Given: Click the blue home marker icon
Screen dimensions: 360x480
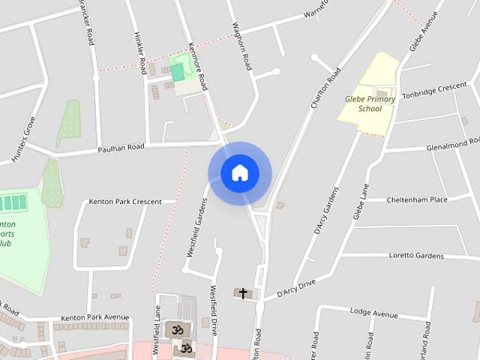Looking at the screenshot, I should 239,173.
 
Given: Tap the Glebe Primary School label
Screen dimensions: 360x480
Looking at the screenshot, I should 364,103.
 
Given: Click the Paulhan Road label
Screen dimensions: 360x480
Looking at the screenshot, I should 120,148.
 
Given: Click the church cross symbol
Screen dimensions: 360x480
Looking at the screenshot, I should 242,293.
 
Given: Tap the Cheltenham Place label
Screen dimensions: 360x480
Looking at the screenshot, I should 416,200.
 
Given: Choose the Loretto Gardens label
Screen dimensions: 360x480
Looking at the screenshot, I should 416,256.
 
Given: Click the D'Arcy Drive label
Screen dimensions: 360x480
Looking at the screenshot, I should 296,287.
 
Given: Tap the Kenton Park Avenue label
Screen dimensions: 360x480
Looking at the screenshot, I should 95,317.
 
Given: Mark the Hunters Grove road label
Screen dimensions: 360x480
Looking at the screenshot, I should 22,139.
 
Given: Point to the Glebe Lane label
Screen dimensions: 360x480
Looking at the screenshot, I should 361,201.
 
